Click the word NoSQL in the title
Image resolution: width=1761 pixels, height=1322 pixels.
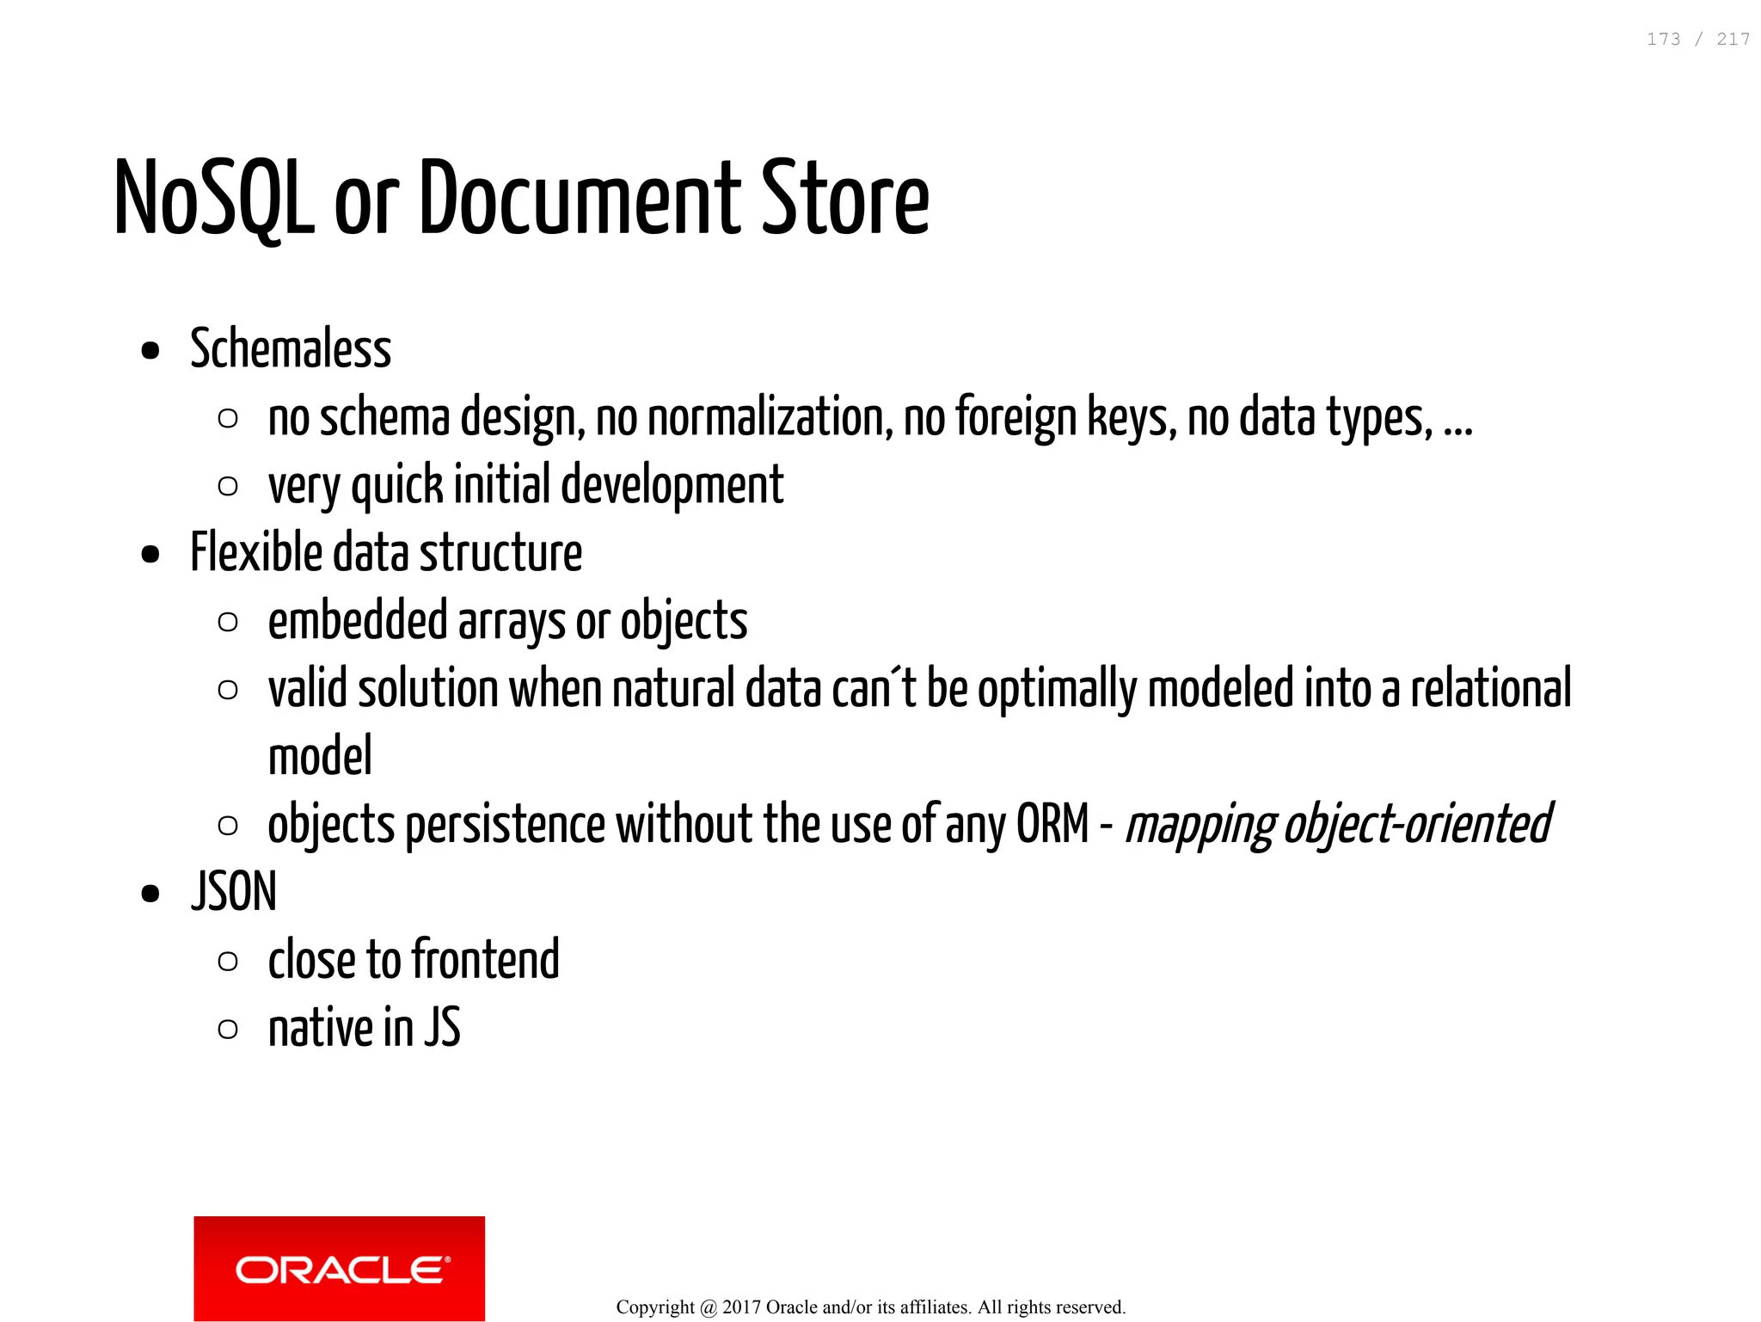[x=214, y=198]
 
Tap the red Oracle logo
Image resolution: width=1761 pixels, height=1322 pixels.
[x=339, y=1268]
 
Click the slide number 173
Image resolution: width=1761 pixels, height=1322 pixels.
[x=1663, y=40]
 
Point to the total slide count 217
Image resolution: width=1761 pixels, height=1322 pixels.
[x=1733, y=40]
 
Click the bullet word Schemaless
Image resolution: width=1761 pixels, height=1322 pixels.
[x=291, y=349]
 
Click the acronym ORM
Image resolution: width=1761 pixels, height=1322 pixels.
[x=1052, y=824]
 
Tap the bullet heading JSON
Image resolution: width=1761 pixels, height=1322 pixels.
[x=234, y=892]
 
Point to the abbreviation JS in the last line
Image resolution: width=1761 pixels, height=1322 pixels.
[x=442, y=1028]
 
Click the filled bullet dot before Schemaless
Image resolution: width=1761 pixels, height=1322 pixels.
[x=150, y=351]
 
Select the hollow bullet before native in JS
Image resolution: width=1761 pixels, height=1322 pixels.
[x=228, y=1029]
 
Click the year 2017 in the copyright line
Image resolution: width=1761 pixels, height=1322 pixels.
[x=741, y=1307]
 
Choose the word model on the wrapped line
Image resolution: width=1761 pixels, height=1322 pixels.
[x=320, y=756]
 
